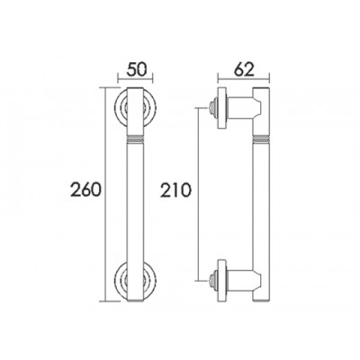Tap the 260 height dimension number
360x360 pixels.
[x=86, y=190]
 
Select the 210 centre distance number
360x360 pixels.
[x=176, y=190]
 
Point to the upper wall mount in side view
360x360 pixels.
[x=217, y=106]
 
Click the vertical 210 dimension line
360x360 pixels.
[x=199, y=190]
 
